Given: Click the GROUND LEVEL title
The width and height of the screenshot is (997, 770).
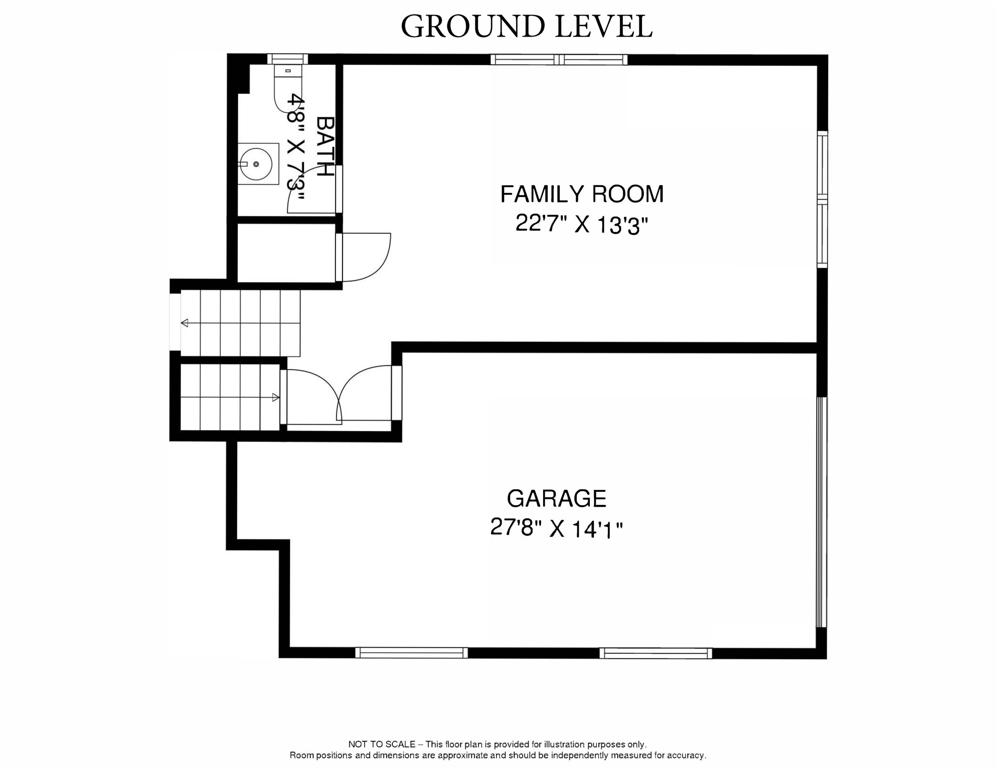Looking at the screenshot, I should coord(526,27).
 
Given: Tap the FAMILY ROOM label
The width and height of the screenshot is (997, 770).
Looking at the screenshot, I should coord(582,194).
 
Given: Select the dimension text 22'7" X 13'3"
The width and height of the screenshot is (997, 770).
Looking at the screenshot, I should coord(582,225).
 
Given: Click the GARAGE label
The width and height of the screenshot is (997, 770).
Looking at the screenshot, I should coord(557,498).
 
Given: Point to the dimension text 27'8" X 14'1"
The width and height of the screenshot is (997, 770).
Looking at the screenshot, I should coord(557,528).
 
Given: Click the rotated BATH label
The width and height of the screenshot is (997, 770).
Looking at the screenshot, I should coord(325,146).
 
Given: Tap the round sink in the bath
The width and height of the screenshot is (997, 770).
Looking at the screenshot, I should coord(256,164).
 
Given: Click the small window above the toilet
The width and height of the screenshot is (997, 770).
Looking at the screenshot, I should coord(287,59).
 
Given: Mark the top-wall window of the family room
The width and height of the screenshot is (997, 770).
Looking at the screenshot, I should coord(559,60).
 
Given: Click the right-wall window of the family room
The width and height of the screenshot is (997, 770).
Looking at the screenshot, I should coord(822,199).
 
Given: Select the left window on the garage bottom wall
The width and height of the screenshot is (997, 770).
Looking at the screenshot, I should coord(411,653).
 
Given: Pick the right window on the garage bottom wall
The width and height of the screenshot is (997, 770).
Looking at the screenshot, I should coord(655,653).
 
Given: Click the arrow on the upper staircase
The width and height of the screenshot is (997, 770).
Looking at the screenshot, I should coord(185,323).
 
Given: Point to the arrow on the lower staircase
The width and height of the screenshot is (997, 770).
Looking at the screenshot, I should coord(275,398).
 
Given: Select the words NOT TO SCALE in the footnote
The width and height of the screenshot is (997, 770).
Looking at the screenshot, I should coord(382,744).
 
